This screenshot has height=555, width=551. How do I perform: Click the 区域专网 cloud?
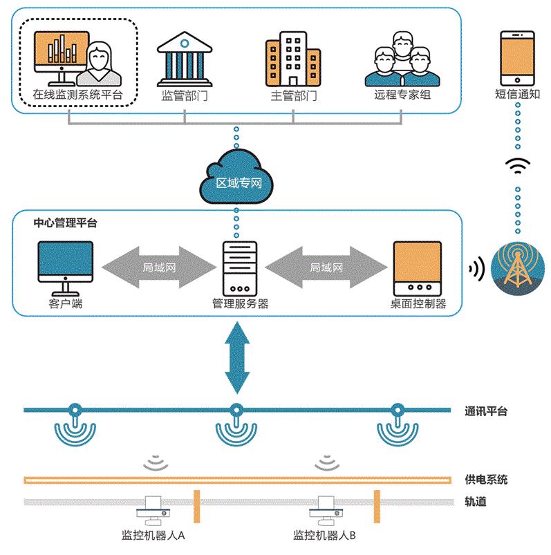[x=236, y=178]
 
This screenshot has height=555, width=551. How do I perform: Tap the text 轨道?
[x=476, y=502]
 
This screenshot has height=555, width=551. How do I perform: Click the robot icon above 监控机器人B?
[x=324, y=510]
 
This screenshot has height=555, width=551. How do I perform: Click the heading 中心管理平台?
[x=66, y=223]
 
